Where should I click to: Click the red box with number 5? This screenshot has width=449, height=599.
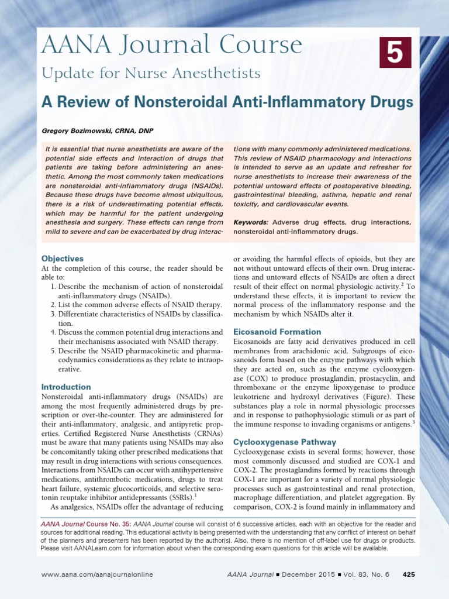[x=395, y=51]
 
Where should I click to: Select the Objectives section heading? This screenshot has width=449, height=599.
[x=63, y=258]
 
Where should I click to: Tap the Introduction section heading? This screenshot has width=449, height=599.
[x=66, y=387]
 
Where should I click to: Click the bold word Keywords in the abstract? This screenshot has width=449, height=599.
[x=251, y=222]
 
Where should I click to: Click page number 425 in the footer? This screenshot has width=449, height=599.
[x=409, y=575]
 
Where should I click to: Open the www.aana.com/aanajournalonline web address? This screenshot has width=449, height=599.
[x=97, y=575]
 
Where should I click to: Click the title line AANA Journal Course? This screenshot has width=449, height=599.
[x=171, y=45]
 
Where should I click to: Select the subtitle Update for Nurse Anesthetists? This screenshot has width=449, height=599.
[x=150, y=73]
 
